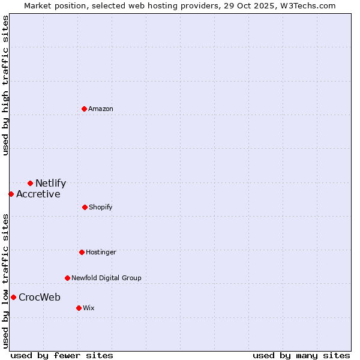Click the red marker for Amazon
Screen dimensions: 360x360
click(85, 109)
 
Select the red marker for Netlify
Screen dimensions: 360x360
click(30, 183)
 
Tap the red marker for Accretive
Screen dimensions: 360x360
click(11, 194)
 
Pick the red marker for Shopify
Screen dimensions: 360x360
click(85, 207)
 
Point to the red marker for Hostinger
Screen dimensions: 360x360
click(82, 252)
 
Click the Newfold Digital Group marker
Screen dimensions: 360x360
click(67, 278)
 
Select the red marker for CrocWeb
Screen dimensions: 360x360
click(13, 297)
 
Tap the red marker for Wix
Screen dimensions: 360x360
click(79, 308)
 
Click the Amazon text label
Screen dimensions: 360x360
click(101, 109)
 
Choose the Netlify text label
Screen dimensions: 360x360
click(50, 184)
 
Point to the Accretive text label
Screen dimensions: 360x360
click(38, 194)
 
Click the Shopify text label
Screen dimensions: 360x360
click(101, 207)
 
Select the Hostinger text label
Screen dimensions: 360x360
click(101, 252)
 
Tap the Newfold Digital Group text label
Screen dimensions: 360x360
click(106, 278)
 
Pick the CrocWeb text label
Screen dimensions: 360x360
click(39, 297)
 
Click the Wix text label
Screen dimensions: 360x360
click(88, 308)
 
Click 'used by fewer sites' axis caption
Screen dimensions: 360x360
click(62, 355)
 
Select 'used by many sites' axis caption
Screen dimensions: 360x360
click(301, 355)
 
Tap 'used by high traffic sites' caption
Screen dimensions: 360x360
click(5, 85)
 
